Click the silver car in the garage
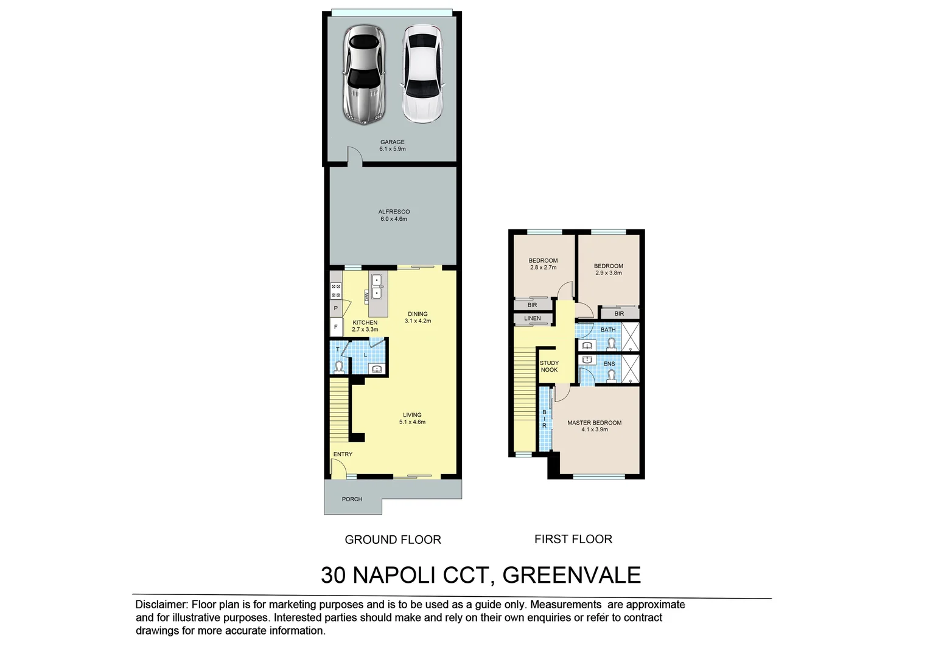(x=363, y=74)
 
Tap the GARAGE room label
(x=393, y=142)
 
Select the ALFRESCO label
(x=394, y=212)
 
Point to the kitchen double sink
(x=377, y=287)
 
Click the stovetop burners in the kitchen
(x=336, y=291)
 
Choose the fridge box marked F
(x=335, y=327)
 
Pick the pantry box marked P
(x=335, y=308)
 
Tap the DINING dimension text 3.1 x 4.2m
(x=418, y=321)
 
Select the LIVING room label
(x=412, y=415)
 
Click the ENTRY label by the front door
(x=343, y=454)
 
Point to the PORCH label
(x=352, y=499)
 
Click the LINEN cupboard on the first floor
(x=532, y=318)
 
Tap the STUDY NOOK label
(x=549, y=366)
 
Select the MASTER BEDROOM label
(x=594, y=423)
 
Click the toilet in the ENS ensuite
(x=611, y=375)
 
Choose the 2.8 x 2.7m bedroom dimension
(x=543, y=268)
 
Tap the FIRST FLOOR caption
(x=573, y=539)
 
